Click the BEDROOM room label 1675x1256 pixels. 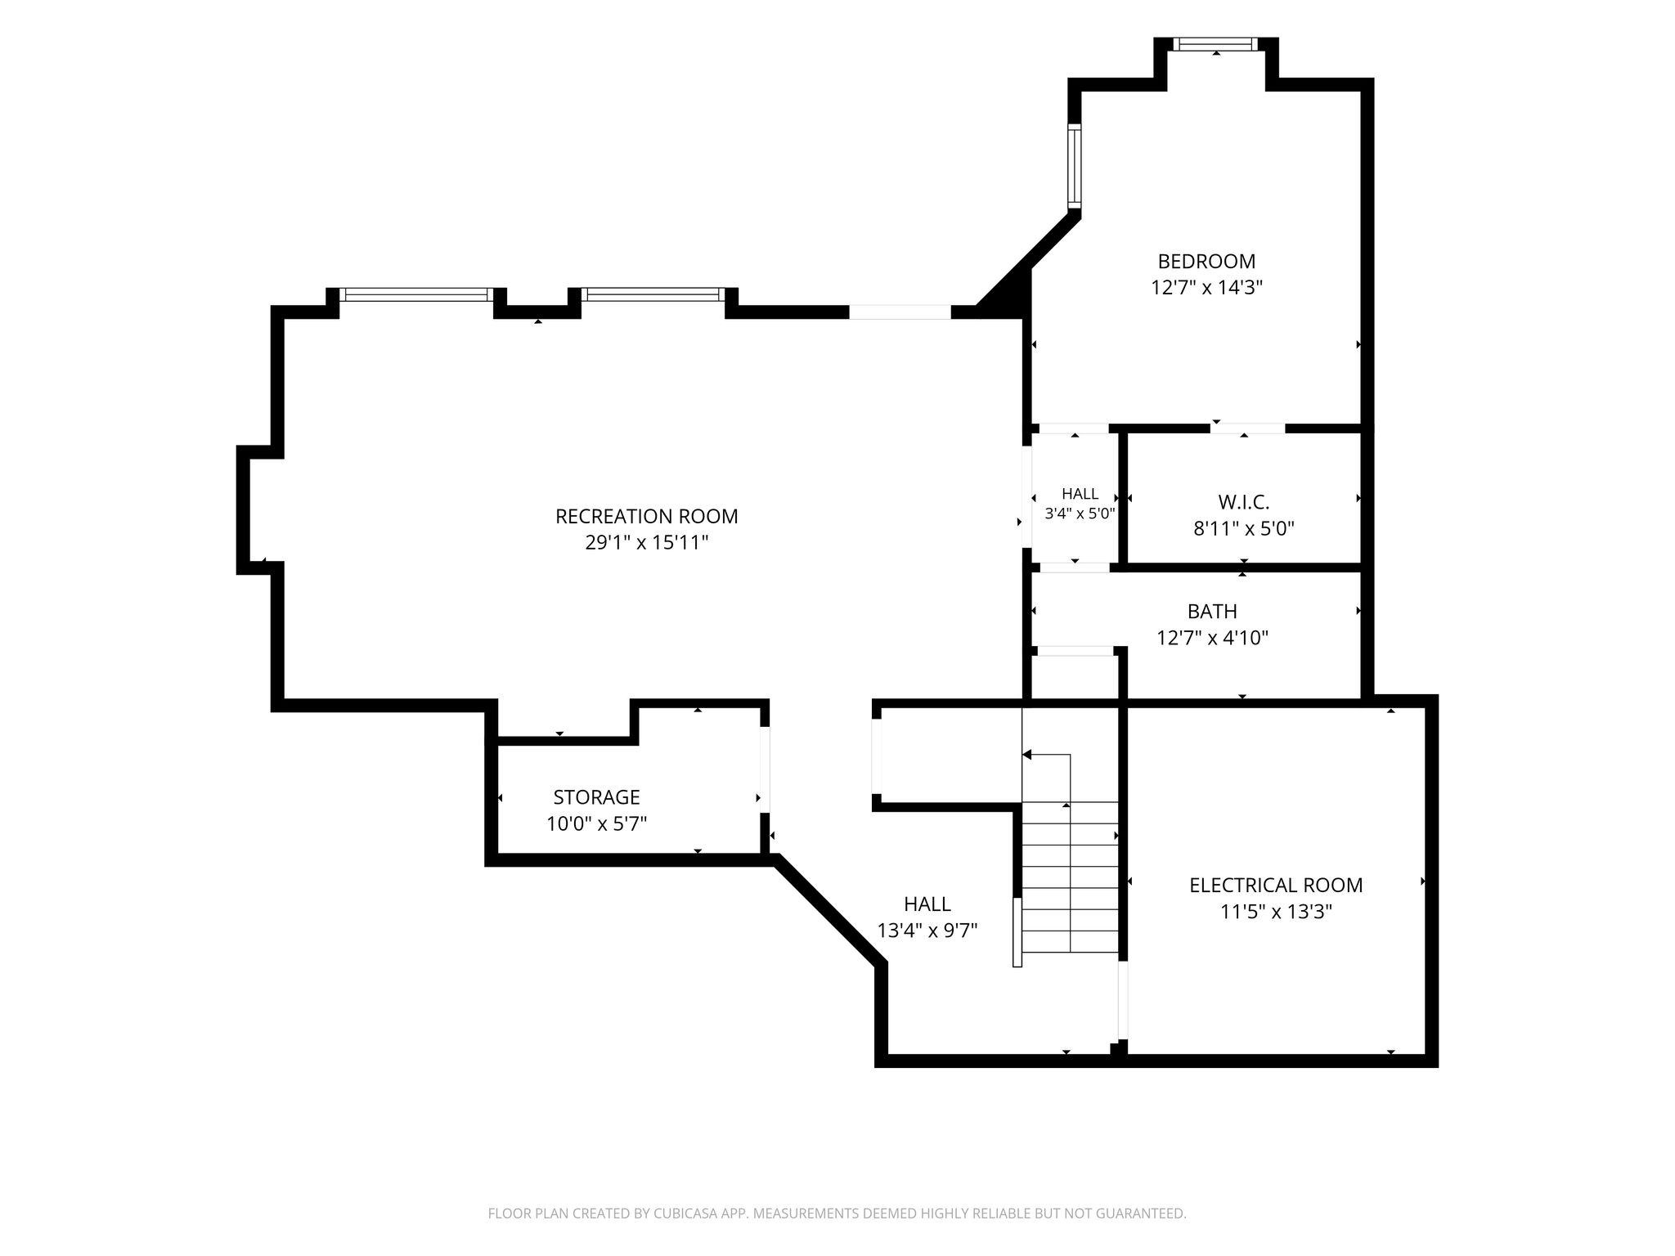(1206, 262)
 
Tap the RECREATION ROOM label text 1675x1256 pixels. (646, 517)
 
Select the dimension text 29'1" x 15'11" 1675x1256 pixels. (646, 543)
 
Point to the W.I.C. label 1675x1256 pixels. (1243, 502)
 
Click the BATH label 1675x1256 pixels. (1212, 612)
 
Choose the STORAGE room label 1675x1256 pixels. (596, 797)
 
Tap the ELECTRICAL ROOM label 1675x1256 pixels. (1276, 886)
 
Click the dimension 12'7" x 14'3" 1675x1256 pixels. (1206, 288)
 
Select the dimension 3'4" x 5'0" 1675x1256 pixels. (1080, 514)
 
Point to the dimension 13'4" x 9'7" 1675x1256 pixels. (927, 931)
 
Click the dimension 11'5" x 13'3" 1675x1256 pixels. (1276, 912)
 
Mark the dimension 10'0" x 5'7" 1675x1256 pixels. (596, 823)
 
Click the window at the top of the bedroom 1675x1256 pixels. (1216, 44)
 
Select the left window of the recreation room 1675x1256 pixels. (416, 294)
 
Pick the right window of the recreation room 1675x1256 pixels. (653, 294)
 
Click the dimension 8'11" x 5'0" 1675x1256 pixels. (1243, 529)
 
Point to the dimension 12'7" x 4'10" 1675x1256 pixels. (1212, 638)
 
